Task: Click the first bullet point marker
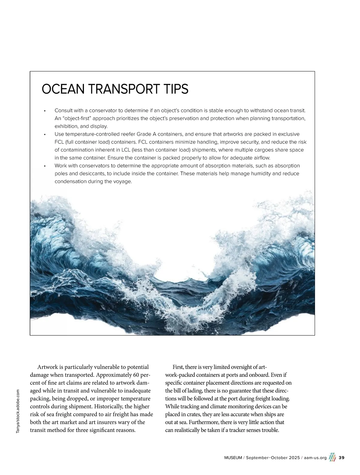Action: (45, 111)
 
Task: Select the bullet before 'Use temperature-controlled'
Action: (45, 135)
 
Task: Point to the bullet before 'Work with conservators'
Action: (45, 166)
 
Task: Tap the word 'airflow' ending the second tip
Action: (261, 158)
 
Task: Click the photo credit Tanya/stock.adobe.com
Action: (18, 411)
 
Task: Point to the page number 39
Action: (341, 458)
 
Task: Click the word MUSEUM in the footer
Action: (233, 458)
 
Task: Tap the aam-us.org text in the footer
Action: (315, 458)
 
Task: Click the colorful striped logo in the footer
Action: (332, 457)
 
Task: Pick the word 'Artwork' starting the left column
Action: (47, 367)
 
